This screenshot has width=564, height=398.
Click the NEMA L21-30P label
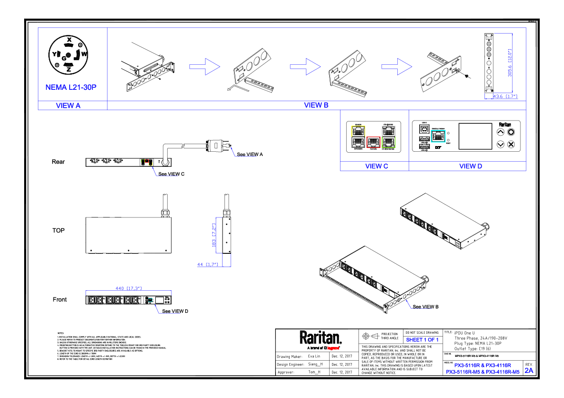pos(71,87)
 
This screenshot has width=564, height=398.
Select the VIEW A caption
pos(68,106)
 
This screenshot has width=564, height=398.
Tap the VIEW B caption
pos(316,105)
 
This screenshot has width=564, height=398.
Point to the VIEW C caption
pos(376,166)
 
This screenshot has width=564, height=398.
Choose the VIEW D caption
pos(471,166)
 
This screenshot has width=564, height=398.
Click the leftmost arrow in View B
pos(205,67)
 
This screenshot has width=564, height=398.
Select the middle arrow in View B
pos(305,67)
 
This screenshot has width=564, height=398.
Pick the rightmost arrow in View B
pos(397,67)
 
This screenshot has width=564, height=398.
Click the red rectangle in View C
pos(373,142)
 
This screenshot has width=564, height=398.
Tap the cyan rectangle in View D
pos(438,136)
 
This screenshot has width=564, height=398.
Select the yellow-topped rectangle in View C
pos(358,137)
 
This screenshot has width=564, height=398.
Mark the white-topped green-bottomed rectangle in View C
pos(388,137)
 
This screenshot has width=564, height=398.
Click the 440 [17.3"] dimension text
pos(129,288)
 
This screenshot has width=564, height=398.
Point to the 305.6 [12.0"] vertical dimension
pos(510,63)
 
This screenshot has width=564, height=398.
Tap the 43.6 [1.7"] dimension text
pos(505,96)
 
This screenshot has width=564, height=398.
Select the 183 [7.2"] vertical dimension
pos(214,235)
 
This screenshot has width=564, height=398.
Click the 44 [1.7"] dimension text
pos(208,265)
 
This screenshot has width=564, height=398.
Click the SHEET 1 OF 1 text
pos(422,340)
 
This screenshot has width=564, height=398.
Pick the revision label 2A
pos(529,371)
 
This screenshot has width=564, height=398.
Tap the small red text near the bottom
pos(333,348)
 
